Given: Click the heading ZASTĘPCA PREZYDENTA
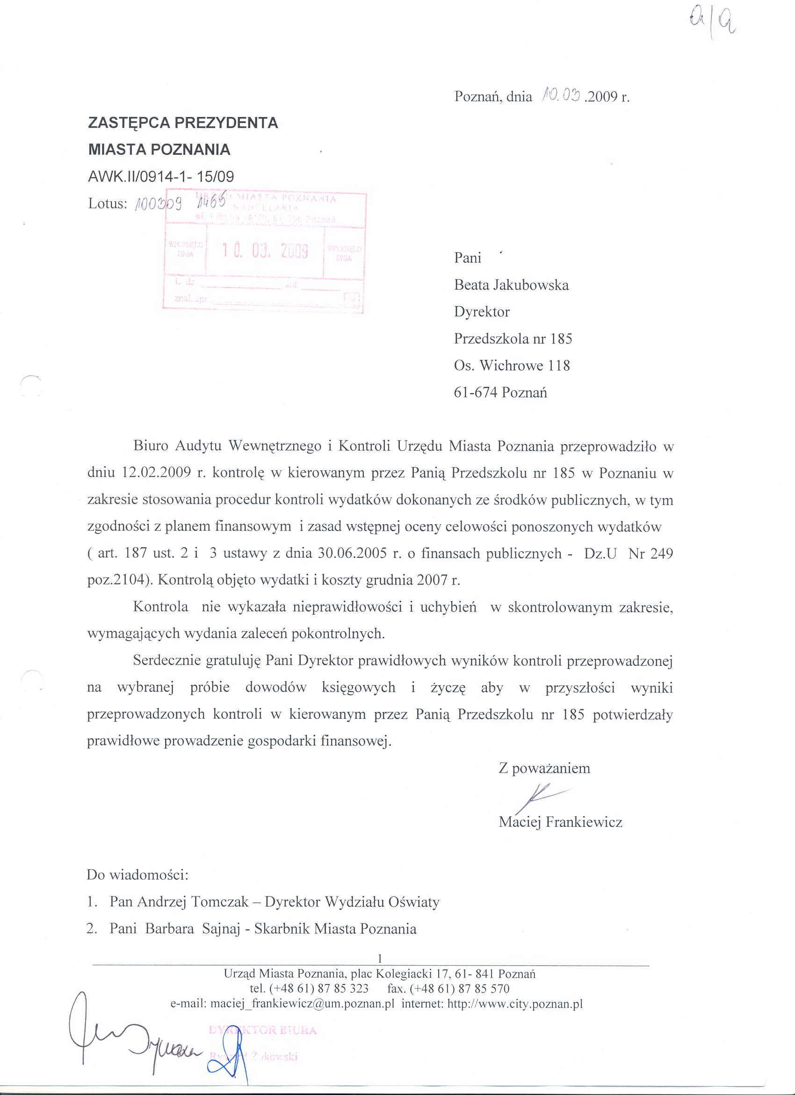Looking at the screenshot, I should [183, 123].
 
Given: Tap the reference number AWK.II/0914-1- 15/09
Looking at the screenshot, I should [161, 176].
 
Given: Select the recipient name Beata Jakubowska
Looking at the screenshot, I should [511, 285].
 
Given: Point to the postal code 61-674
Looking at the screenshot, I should [476, 392].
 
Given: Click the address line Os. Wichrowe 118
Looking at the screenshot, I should [512, 365].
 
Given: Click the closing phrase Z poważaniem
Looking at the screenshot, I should [544, 768].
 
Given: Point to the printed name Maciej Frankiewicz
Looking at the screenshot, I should [560, 822].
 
